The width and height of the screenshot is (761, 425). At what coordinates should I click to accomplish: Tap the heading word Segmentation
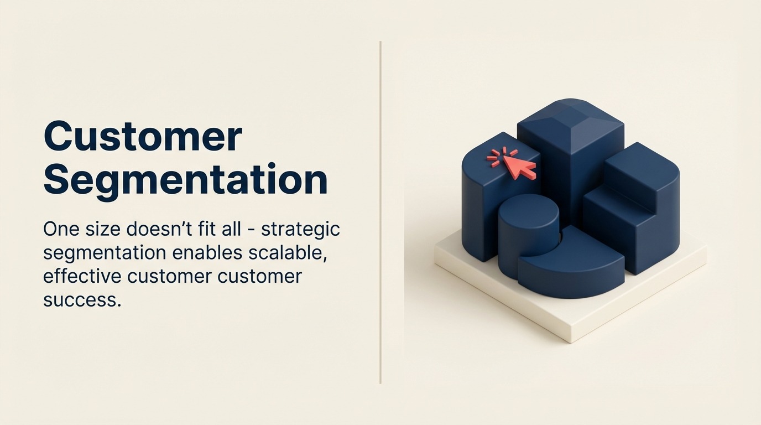(x=185, y=180)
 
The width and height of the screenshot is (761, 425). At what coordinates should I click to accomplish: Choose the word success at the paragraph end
(x=82, y=299)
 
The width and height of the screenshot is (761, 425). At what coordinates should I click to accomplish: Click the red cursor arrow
(x=520, y=167)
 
